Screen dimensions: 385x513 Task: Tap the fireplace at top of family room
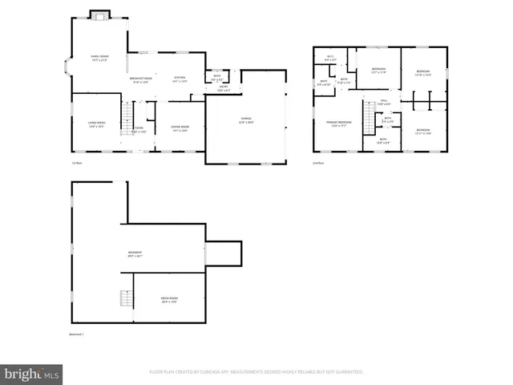click(x=99, y=15)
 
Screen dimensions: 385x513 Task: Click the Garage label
click(x=245, y=120)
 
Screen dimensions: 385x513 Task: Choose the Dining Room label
click(x=180, y=128)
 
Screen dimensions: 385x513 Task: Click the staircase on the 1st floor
click(x=126, y=118)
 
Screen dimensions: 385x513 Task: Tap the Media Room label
click(x=169, y=299)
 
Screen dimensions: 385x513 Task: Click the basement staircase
click(x=126, y=298)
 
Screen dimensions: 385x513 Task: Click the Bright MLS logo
click(x=31, y=375)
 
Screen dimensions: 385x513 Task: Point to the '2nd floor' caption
click(x=317, y=163)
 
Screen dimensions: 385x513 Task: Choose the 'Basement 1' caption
click(x=77, y=334)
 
